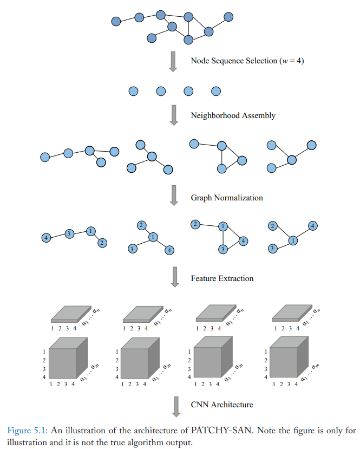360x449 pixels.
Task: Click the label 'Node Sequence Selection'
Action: pos(234,61)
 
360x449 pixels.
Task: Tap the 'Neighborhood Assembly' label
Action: pos(233,115)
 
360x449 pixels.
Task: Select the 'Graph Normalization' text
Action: pos(227,198)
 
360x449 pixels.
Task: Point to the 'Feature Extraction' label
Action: pos(222,278)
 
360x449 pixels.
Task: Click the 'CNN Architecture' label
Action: pos(222,405)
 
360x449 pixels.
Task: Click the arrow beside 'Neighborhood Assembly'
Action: pos(174,115)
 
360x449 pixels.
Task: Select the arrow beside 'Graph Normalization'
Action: pos(174,196)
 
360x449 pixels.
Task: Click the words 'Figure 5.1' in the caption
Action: pos(23,431)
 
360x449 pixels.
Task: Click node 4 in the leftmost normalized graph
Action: pos(46,238)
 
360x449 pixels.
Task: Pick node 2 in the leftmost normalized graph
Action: pos(101,243)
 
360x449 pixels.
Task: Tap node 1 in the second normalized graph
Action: pos(153,237)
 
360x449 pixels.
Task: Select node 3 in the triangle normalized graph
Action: pos(221,249)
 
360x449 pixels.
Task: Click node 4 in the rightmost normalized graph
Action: pos(312,225)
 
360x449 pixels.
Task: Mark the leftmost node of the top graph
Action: pos(116,22)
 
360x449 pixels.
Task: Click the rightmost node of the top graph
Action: pos(228,17)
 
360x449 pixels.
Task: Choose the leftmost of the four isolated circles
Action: pos(133,91)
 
